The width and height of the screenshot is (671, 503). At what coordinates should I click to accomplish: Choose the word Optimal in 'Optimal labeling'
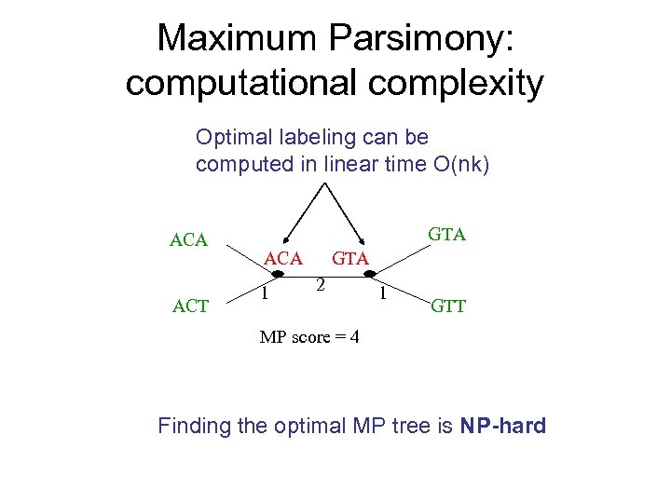click(229, 138)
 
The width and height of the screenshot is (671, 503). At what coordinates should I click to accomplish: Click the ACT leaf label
click(190, 306)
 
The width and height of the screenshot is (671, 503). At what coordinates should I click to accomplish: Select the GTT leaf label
click(447, 306)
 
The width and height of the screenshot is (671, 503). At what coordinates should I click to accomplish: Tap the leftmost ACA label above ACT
click(189, 240)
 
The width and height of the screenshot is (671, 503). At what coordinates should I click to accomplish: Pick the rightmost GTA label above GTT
click(447, 234)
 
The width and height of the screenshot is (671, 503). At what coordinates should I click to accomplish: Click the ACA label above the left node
click(284, 258)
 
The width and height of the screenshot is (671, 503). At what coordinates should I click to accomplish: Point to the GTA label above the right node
click(351, 258)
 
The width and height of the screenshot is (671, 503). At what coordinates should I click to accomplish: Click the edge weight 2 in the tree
click(319, 284)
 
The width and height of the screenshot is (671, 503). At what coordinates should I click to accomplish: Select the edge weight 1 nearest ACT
click(266, 293)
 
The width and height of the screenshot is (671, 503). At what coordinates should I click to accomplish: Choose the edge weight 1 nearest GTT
click(383, 293)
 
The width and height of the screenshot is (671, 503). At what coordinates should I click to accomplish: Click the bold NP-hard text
click(503, 427)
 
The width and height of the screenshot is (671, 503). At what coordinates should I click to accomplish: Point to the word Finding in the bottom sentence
click(193, 427)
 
